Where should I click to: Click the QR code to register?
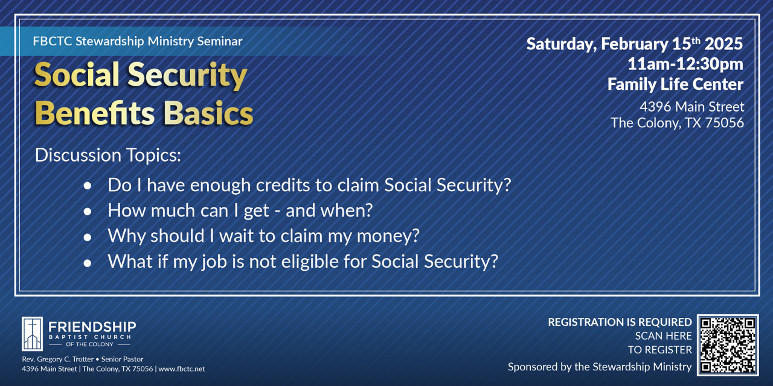(x=728, y=345)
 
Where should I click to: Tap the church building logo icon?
(x=33, y=334)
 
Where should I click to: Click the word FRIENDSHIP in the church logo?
(x=92, y=327)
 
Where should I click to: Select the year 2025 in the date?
(x=723, y=44)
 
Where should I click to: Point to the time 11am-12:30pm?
(x=685, y=64)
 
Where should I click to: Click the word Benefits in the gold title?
(x=95, y=113)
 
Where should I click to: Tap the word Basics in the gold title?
(x=208, y=113)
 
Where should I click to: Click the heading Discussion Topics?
(x=108, y=155)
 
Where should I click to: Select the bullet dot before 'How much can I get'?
(x=88, y=211)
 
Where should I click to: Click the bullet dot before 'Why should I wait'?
(x=88, y=237)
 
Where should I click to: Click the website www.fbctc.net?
(x=182, y=369)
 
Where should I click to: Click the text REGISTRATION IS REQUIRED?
(x=620, y=322)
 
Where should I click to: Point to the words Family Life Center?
(x=675, y=84)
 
